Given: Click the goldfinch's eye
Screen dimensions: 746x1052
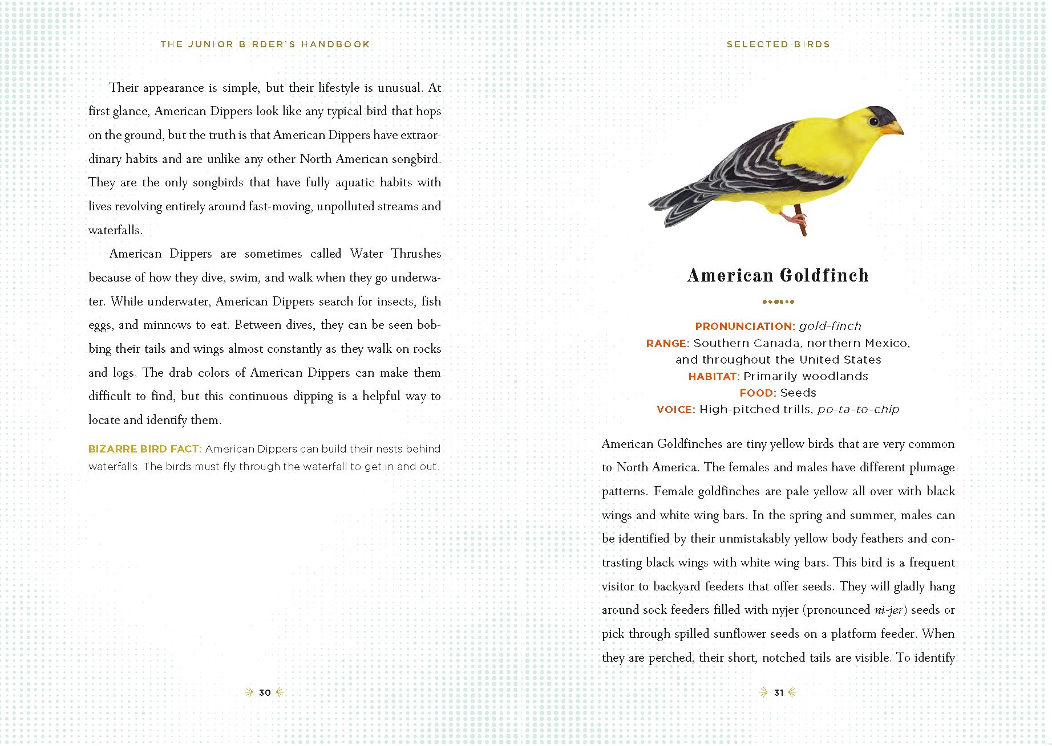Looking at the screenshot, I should (873, 121).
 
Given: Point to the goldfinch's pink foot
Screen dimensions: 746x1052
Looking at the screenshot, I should (793, 218).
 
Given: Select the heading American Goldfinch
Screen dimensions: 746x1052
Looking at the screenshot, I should (778, 276).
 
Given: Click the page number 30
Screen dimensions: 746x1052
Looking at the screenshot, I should (265, 692).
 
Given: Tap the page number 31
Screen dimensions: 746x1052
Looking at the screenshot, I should (779, 692).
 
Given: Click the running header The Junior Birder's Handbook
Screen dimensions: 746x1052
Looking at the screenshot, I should (265, 44).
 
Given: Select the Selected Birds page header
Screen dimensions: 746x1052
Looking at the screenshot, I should (778, 44).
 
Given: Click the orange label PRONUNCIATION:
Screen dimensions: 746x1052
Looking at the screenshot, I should (745, 327).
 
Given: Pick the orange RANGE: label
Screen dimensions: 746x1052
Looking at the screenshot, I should (668, 343).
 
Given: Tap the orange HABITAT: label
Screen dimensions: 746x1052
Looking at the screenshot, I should (714, 376).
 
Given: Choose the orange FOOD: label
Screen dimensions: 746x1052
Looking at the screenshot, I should (758, 393).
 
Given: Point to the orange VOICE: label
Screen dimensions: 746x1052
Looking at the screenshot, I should (676, 409).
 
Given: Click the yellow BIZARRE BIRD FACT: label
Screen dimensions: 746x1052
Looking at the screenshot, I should (145, 449).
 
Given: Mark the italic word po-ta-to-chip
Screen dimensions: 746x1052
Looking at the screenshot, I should (858, 409).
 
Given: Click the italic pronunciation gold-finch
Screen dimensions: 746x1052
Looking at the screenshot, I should (830, 327).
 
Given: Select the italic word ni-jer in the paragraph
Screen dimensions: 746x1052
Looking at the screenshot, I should (888, 610).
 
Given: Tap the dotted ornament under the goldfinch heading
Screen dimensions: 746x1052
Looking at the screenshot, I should (778, 301).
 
